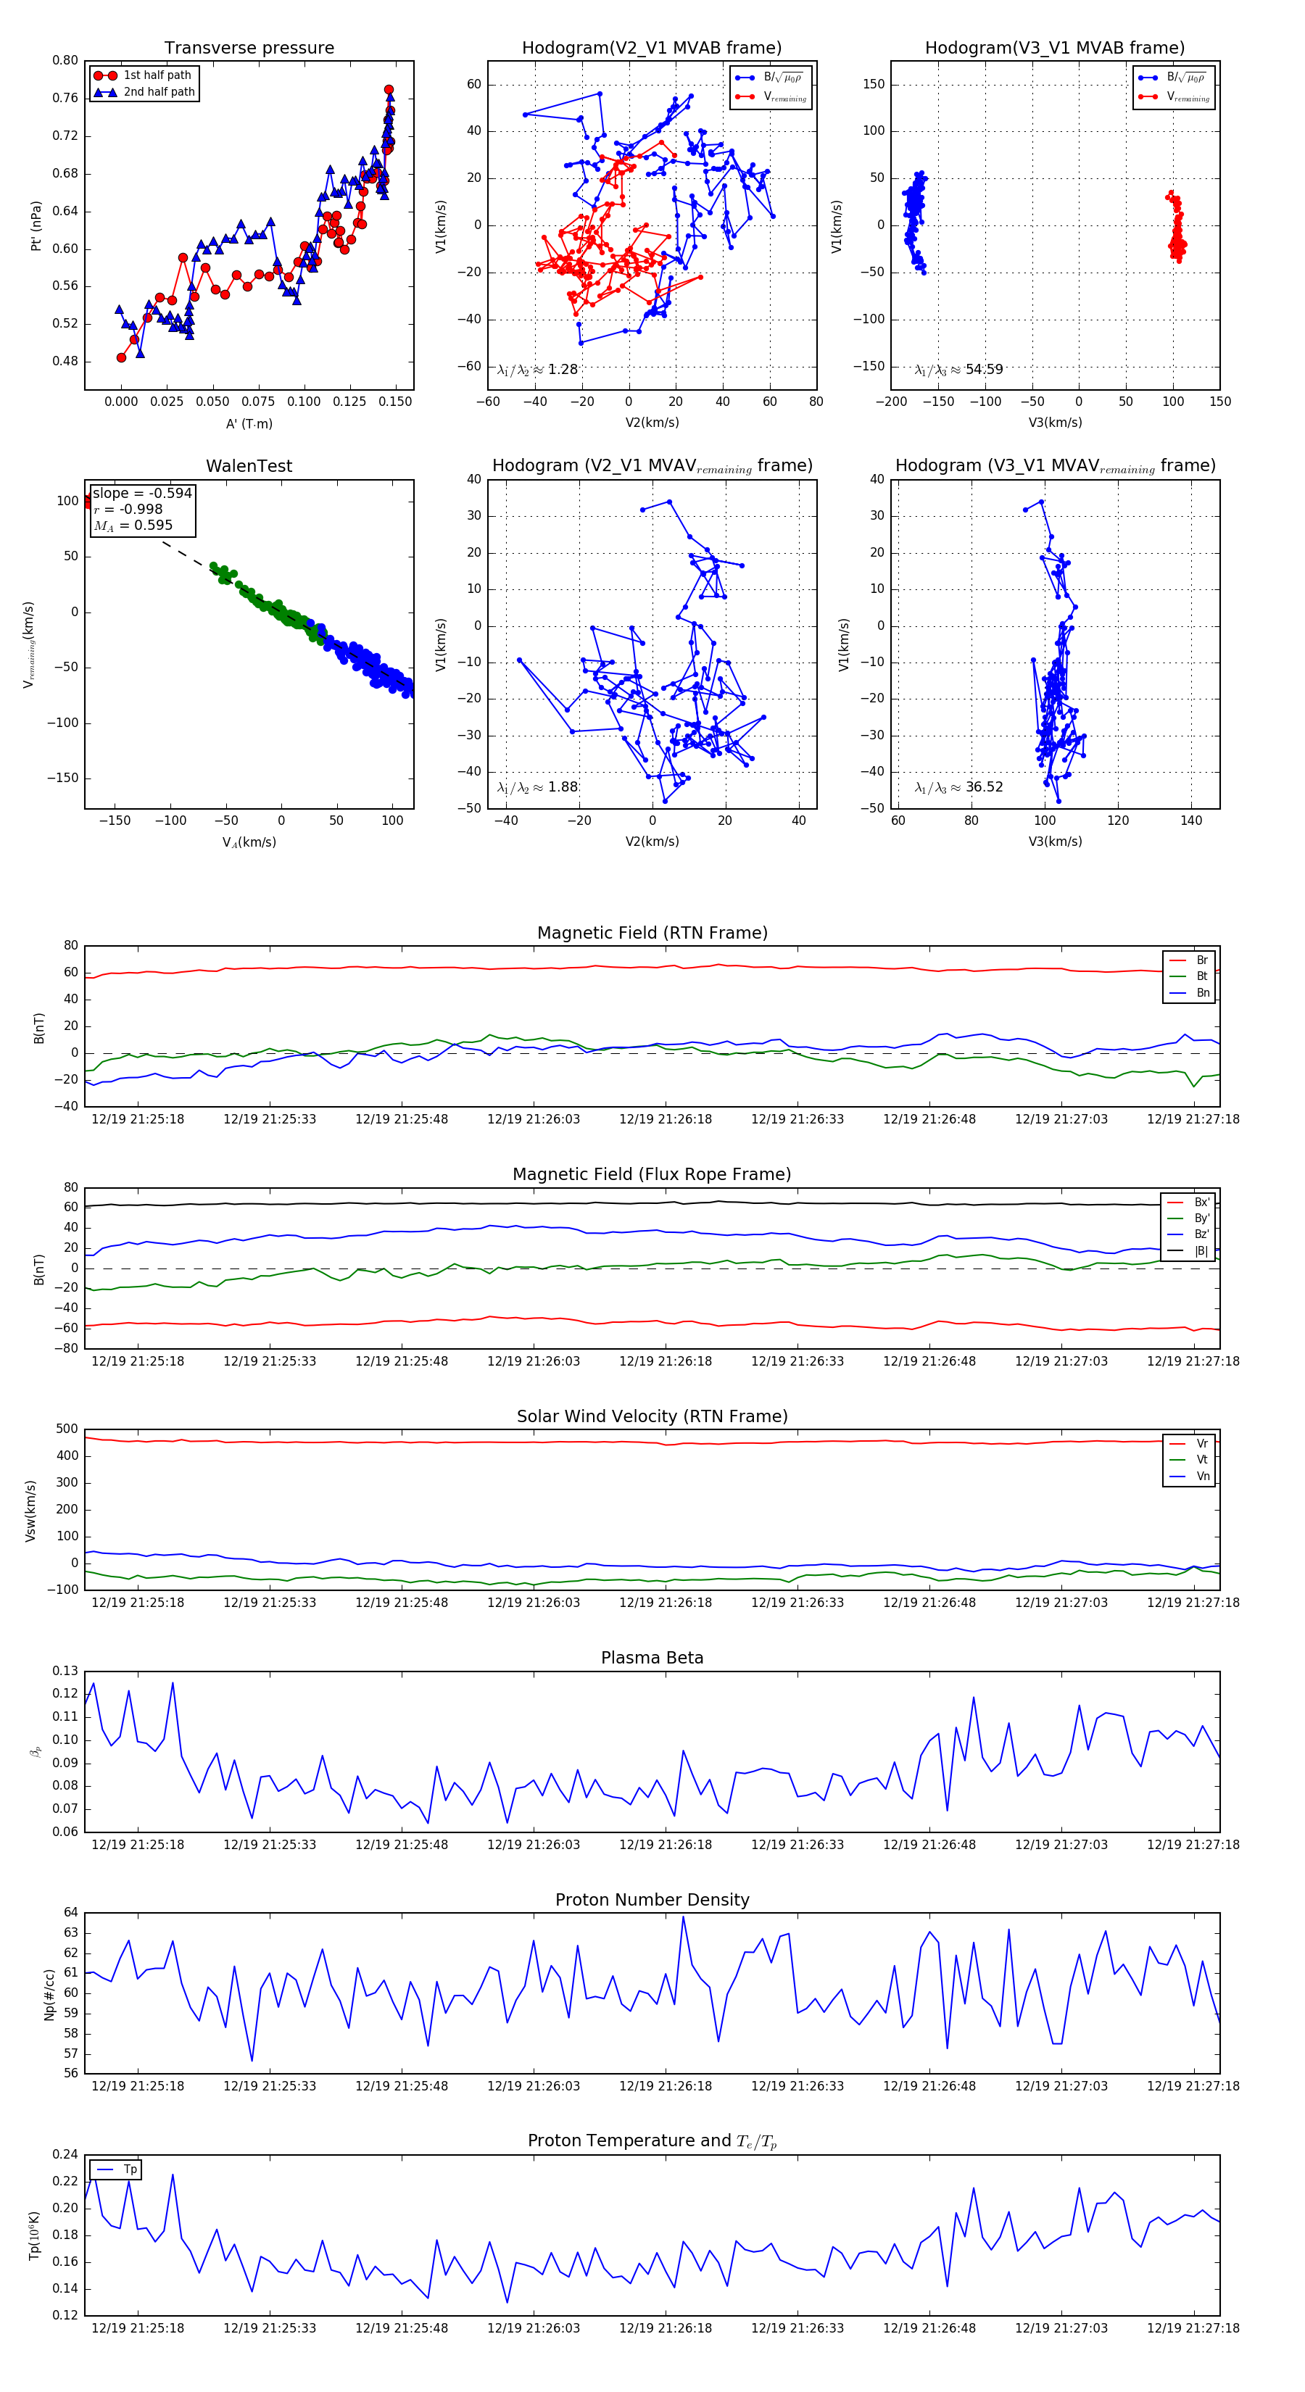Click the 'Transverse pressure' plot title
coord(249,49)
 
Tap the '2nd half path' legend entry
coord(159,92)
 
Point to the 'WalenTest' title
coord(249,466)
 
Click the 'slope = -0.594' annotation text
coord(142,493)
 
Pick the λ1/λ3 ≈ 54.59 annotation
coord(958,370)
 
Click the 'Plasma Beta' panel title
coord(652,1658)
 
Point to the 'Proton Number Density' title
coord(652,1900)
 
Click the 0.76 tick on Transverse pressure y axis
coord(65,99)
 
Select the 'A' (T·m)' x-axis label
coord(249,423)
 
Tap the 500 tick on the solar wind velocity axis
coord(66,1429)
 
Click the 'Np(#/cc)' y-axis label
coord(49,1993)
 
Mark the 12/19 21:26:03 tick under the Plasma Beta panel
coord(533,1844)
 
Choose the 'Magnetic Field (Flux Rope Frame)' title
coord(652,1175)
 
